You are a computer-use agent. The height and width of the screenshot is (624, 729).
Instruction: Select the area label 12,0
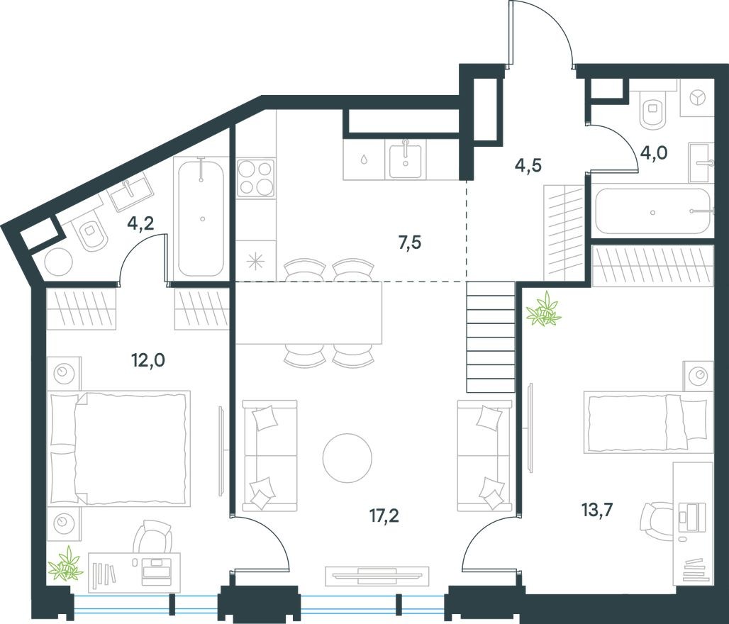pyautogui.click(x=148, y=360)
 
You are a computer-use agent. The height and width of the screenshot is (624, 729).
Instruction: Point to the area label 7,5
pyautogui.click(x=409, y=243)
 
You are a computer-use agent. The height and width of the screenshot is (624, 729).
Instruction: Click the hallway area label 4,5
pyautogui.click(x=526, y=165)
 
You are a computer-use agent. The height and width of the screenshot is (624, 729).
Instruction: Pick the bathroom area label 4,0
pyautogui.click(x=654, y=152)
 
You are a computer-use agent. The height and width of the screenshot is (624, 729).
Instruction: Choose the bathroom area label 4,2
pyautogui.click(x=140, y=225)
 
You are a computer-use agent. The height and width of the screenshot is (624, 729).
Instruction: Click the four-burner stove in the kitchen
pyautogui.click(x=255, y=177)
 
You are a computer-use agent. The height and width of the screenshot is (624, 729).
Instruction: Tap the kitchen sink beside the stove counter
pyautogui.click(x=405, y=160)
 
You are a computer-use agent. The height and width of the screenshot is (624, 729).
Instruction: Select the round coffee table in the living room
pyautogui.click(x=347, y=457)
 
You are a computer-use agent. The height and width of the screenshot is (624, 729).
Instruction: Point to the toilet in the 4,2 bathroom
pyautogui.click(x=91, y=235)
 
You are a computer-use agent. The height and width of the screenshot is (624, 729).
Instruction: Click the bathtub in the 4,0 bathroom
pyautogui.click(x=652, y=211)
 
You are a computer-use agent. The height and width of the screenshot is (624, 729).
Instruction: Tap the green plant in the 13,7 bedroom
pyautogui.click(x=545, y=311)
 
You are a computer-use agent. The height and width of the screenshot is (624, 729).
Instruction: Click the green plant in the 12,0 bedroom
pyautogui.click(x=66, y=564)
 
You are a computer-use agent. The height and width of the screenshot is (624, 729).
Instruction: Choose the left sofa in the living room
pyautogui.click(x=269, y=455)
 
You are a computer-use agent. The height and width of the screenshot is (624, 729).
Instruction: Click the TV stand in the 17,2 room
pyautogui.click(x=377, y=575)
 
